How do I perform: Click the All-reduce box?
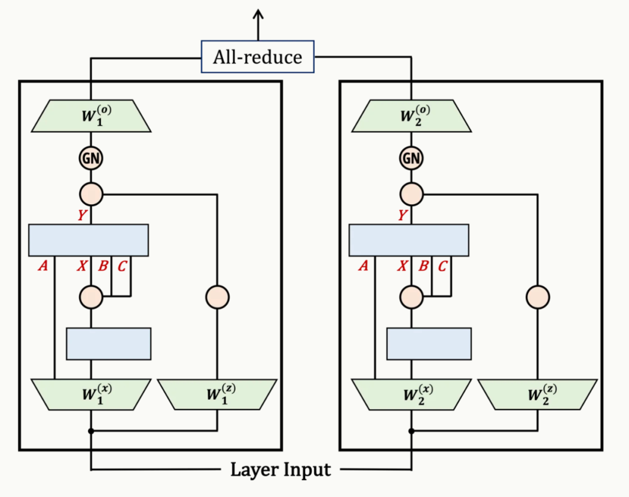257,57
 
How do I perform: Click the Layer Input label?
281,469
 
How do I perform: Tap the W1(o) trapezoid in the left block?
91,117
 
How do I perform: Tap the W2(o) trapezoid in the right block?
411,117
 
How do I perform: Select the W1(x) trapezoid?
91,394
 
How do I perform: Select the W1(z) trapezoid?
217,394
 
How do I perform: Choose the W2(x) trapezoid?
411,394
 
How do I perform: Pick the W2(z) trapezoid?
537,394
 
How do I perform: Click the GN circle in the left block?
91,158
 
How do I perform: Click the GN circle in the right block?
411,158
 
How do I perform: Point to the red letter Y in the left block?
83,216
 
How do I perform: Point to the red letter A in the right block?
363,266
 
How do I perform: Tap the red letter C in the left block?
122,266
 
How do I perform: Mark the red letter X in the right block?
402,266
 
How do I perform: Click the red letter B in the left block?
103,266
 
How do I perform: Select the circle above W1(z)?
217,297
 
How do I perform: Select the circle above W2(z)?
538,297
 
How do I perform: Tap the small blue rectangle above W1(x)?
108,344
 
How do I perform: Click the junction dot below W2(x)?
411,431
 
